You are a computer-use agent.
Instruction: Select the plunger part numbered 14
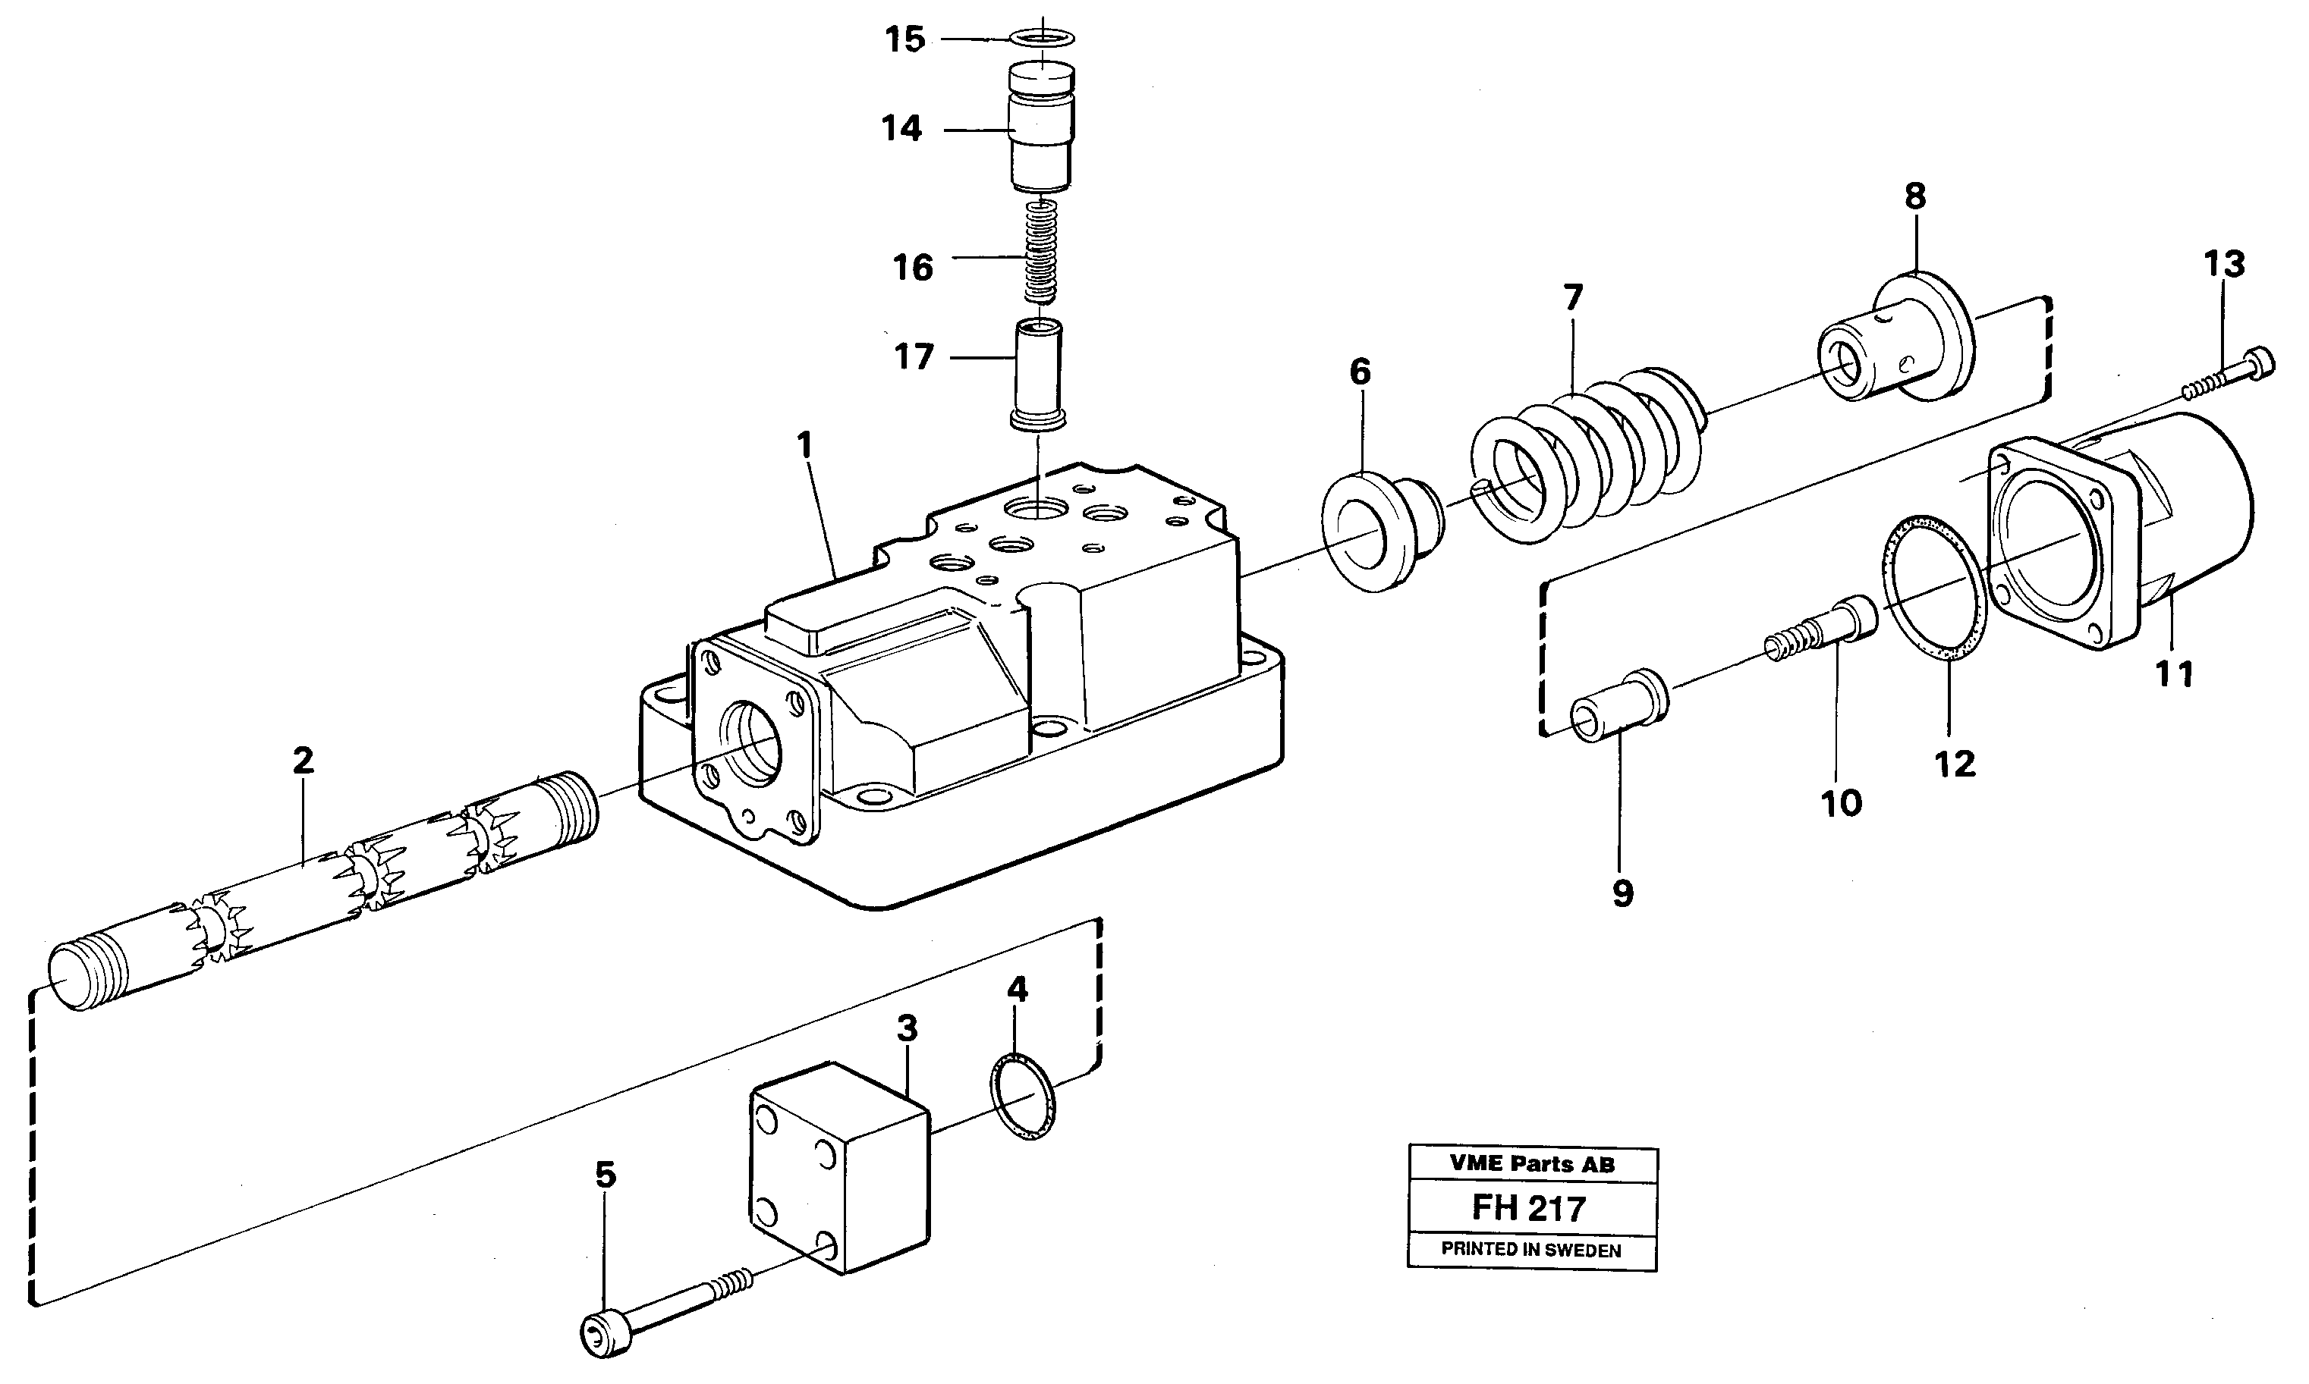click(1042, 130)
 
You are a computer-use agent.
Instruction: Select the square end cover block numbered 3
click(840, 1166)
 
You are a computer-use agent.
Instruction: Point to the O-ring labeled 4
click(1023, 1096)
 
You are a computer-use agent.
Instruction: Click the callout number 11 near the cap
click(2174, 673)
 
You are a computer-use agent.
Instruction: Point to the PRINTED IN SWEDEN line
click(1531, 1251)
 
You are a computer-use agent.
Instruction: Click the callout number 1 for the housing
click(804, 445)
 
